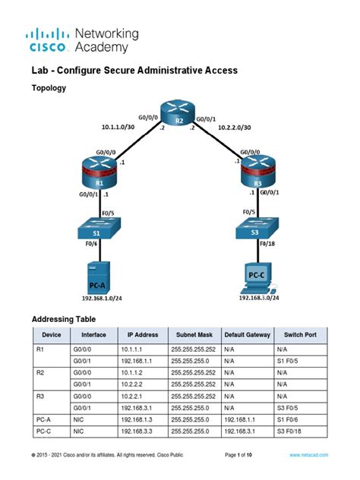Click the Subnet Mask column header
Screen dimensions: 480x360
click(195, 334)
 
